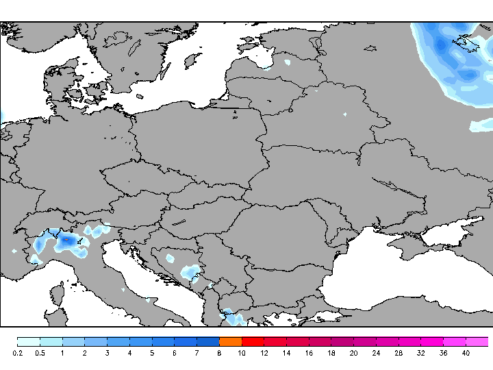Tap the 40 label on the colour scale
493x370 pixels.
pyautogui.click(x=466, y=353)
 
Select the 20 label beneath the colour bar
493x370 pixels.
pyautogui.click(x=353, y=353)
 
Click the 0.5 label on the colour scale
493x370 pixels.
pyautogui.click(x=40, y=353)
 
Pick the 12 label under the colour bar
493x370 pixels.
pyautogui.click(x=264, y=353)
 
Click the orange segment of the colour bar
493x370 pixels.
pyautogui.click(x=231, y=341)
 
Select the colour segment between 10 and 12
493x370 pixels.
pyautogui.click(x=253, y=341)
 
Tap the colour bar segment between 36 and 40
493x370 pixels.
pyautogui.click(x=455, y=341)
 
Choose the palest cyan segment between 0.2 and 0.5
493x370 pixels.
pyautogui.click(x=28, y=341)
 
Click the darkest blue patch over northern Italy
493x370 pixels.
pyautogui.click(x=67, y=241)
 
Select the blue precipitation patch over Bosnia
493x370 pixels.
pyautogui.click(x=190, y=271)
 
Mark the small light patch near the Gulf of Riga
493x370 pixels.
pyautogui.click(x=287, y=62)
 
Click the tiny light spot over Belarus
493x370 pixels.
pyautogui.click(x=344, y=114)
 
